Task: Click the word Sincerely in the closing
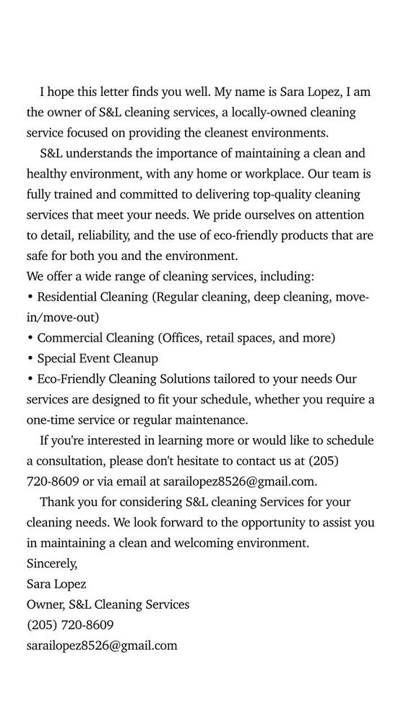click(x=51, y=563)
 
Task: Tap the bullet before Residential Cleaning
click(x=30, y=297)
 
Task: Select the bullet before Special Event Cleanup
click(x=30, y=358)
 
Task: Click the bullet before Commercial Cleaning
click(x=30, y=338)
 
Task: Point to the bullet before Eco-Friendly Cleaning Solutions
click(x=30, y=379)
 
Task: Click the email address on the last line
click(x=102, y=645)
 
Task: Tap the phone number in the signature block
click(x=70, y=625)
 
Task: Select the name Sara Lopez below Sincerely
click(x=56, y=584)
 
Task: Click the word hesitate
click(x=178, y=461)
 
